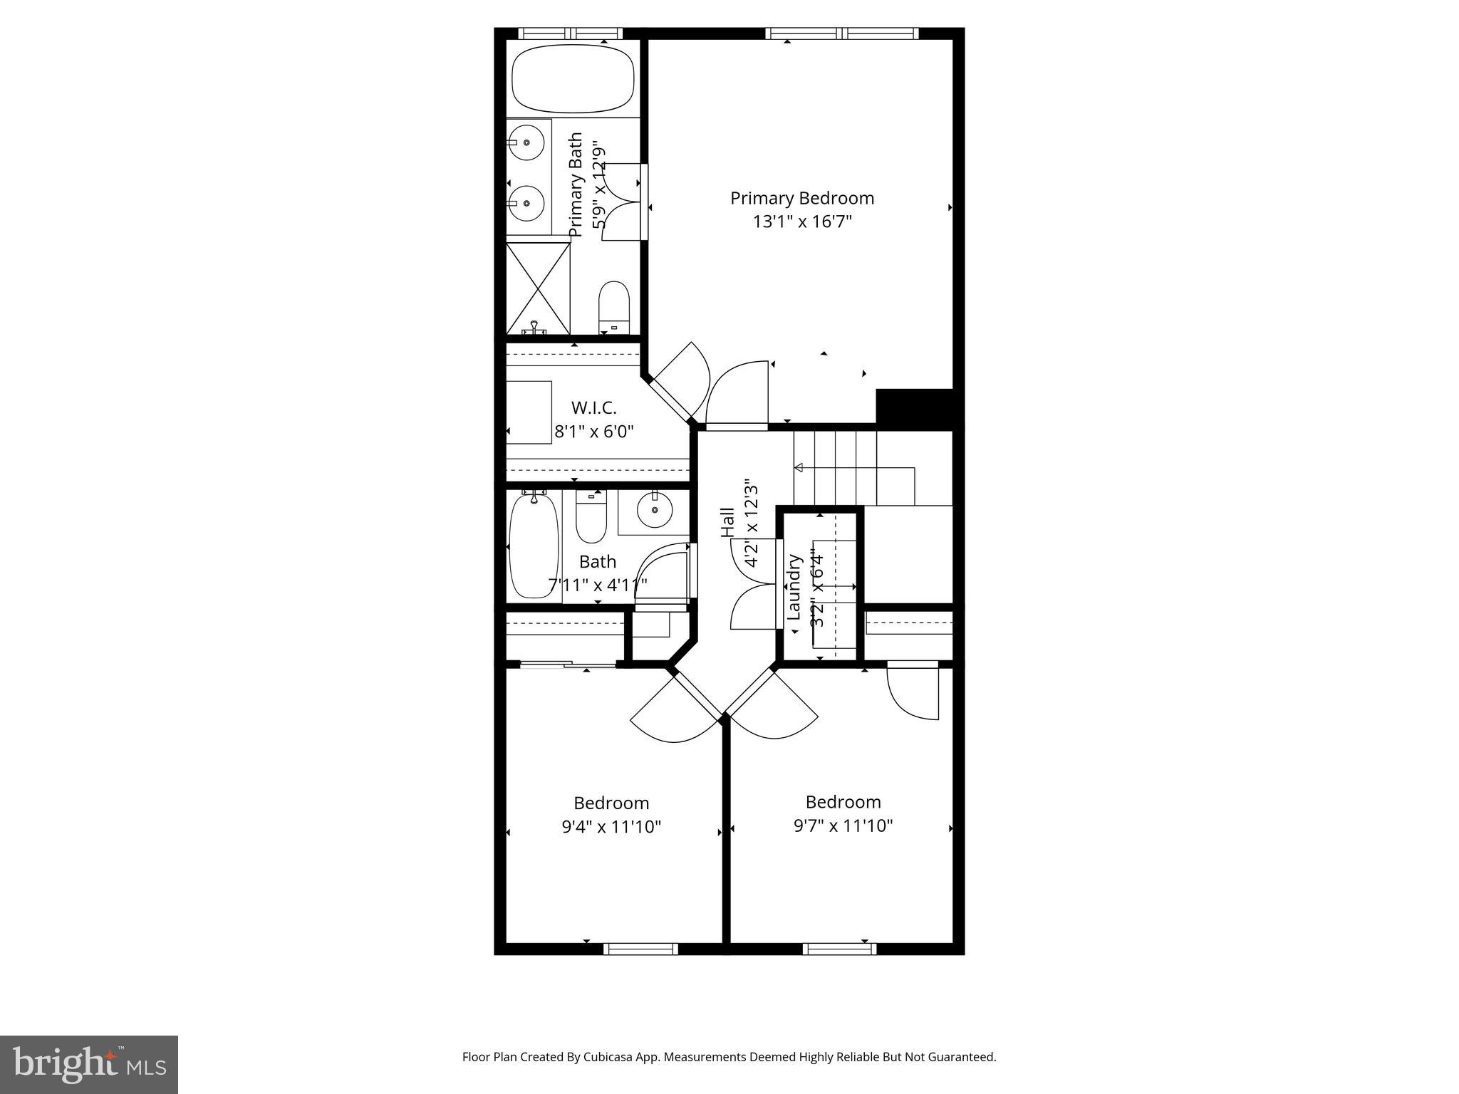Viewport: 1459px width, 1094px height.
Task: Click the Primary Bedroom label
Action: point(801,198)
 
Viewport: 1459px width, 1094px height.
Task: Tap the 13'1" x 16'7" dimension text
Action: point(802,222)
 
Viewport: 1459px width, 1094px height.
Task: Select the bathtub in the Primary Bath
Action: point(573,78)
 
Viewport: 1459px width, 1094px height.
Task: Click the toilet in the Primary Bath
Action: point(614,306)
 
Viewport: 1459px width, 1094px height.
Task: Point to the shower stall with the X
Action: point(539,288)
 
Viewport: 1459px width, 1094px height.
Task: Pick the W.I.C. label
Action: point(593,408)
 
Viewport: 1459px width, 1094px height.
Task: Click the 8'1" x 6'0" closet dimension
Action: point(593,432)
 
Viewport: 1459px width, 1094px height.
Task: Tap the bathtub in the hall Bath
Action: point(534,546)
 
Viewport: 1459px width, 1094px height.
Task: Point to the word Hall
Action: point(727,522)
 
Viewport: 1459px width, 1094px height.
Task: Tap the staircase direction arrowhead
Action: point(799,468)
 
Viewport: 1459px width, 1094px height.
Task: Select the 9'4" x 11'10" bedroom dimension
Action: point(611,827)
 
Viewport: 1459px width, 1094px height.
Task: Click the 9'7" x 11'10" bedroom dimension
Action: point(843,825)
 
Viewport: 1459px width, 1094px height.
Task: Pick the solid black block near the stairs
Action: point(914,407)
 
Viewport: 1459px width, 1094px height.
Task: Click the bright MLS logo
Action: point(89,1065)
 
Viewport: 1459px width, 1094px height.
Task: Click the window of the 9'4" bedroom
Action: point(640,949)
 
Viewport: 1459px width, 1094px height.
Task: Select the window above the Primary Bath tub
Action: point(570,33)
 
